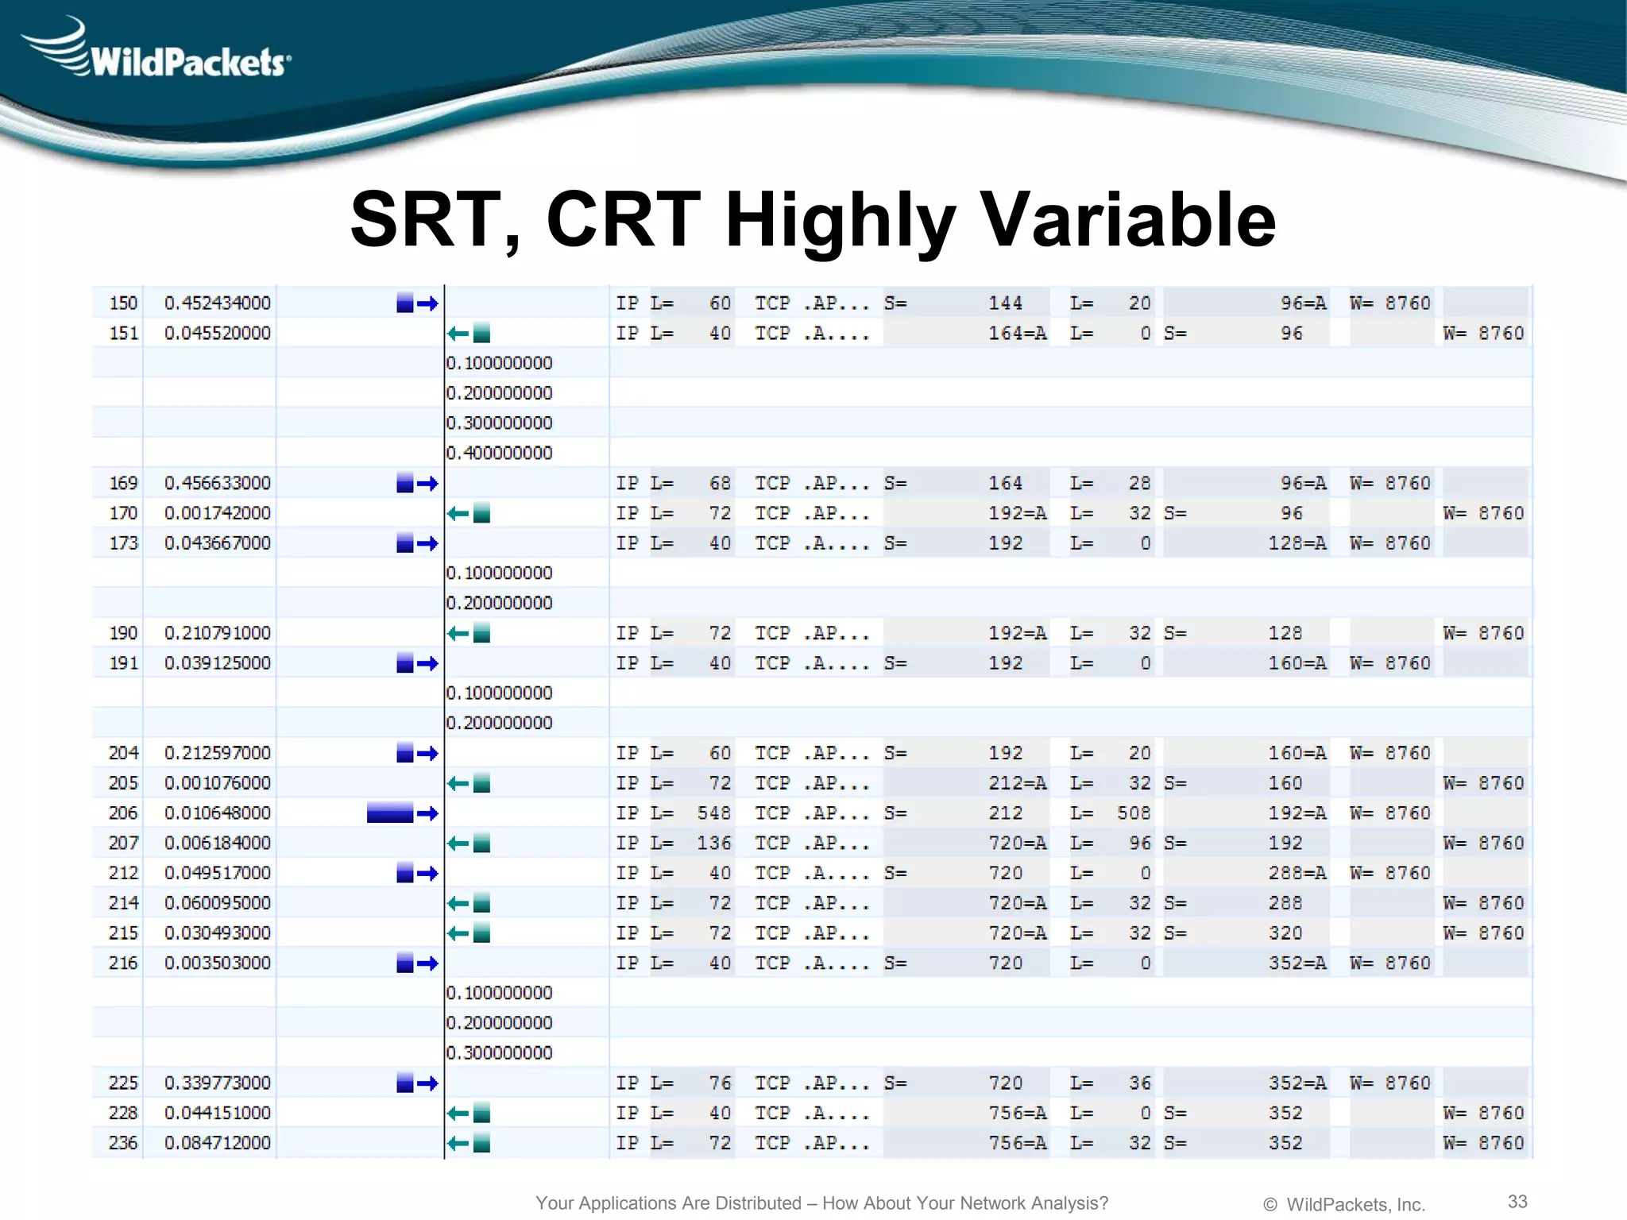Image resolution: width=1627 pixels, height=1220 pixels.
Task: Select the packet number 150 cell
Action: [x=123, y=303]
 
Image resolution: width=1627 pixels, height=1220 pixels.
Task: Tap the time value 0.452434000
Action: [x=217, y=303]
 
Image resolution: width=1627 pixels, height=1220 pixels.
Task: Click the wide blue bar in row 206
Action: [x=390, y=813]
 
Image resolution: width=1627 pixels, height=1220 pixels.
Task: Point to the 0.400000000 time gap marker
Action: [x=499, y=454]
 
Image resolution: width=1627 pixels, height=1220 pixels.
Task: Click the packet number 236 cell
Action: [x=123, y=1143]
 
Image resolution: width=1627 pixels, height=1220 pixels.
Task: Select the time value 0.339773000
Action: [x=217, y=1083]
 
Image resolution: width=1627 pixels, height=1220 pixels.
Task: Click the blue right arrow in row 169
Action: [x=427, y=484]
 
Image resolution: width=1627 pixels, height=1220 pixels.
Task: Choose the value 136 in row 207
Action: [x=713, y=844]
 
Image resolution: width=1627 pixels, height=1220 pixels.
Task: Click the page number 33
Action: [x=1517, y=1201]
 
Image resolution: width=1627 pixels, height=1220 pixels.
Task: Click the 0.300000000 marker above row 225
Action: [x=499, y=1053]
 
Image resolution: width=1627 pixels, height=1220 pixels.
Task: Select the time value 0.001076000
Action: [x=217, y=783]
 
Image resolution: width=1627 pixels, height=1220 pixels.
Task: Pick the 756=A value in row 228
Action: [x=1017, y=1114]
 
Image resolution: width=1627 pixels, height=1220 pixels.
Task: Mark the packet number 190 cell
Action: [x=123, y=634]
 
